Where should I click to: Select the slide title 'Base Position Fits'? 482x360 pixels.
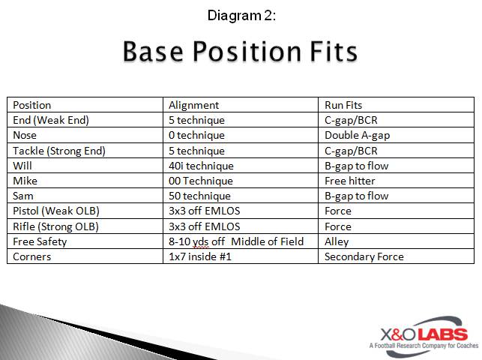point(240,52)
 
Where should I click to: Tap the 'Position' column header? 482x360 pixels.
point(32,105)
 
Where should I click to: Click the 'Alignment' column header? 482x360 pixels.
point(193,105)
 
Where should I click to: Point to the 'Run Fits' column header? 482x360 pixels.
point(343,105)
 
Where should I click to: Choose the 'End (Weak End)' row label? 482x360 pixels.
point(50,120)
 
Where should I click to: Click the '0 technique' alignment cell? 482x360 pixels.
point(196,136)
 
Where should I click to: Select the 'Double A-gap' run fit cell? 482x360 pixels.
point(357,136)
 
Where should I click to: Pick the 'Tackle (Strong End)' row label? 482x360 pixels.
point(59,151)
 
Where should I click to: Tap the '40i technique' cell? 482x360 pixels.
point(201,166)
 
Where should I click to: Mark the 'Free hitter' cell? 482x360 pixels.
point(349,181)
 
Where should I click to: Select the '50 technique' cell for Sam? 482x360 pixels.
point(199,196)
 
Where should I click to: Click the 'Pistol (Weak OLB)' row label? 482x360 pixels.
point(55,211)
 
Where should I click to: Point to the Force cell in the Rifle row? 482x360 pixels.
point(337,226)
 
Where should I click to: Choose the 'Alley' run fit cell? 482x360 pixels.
point(337,241)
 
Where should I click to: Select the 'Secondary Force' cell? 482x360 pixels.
point(364,256)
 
